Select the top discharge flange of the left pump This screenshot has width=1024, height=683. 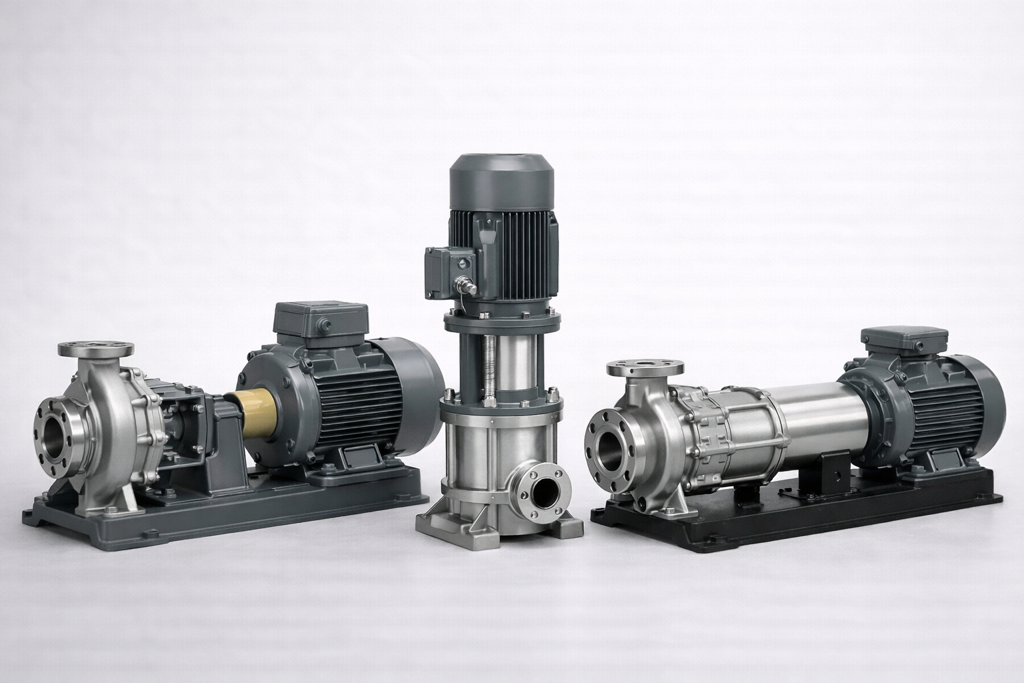pos(95,349)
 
